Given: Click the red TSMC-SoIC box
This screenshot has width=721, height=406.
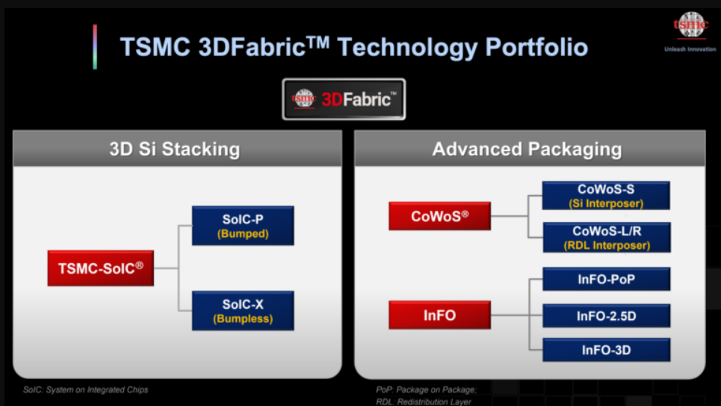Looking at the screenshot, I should click(x=100, y=268).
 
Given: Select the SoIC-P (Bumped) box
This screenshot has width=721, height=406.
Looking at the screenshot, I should click(x=243, y=226).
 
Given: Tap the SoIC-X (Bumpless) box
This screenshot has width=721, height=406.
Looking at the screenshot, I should click(x=243, y=311).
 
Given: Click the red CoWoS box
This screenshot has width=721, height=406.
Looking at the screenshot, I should click(x=439, y=216).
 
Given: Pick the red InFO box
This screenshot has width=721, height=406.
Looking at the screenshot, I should click(x=439, y=315).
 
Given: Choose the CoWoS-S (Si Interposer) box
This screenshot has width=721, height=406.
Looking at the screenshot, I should click(x=606, y=196).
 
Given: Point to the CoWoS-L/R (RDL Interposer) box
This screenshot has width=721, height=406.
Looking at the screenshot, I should click(x=606, y=238).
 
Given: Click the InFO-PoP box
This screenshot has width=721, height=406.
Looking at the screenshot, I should click(x=606, y=280).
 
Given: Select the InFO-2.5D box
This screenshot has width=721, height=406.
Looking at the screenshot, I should click(x=606, y=316).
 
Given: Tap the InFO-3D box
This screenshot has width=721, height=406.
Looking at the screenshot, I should click(x=606, y=350).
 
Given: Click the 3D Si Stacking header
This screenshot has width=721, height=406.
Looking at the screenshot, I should click(x=177, y=149).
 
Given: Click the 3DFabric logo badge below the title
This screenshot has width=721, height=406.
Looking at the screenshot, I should click(x=344, y=99).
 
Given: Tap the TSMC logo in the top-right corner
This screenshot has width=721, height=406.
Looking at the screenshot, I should click(x=690, y=25).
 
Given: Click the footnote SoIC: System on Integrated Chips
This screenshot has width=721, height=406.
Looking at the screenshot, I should click(x=85, y=390).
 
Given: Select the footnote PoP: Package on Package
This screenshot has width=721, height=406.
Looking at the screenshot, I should click(x=426, y=390).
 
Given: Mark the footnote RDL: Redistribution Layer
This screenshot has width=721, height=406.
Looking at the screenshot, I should click(x=424, y=402).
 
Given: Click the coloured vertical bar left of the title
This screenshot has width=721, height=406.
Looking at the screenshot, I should click(x=95, y=46).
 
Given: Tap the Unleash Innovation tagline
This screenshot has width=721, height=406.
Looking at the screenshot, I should click(x=690, y=49).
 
